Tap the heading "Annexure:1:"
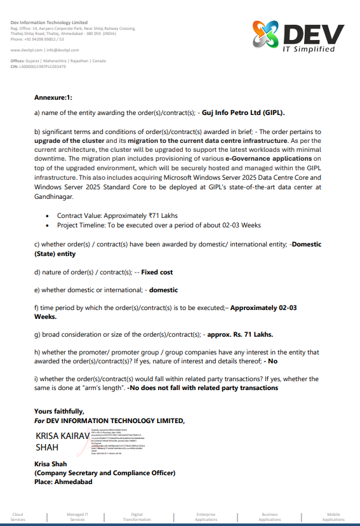(53, 98)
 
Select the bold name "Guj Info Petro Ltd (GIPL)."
(243, 111)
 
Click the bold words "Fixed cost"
(157, 272)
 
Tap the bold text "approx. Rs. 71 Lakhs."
(250, 334)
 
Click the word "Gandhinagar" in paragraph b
(55, 196)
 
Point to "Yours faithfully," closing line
(59, 411)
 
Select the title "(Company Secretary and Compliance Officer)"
(105, 473)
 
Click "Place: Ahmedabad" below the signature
(63, 482)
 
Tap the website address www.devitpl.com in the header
(26, 50)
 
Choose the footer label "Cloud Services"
(18, 516)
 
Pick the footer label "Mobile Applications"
(333, 516)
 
